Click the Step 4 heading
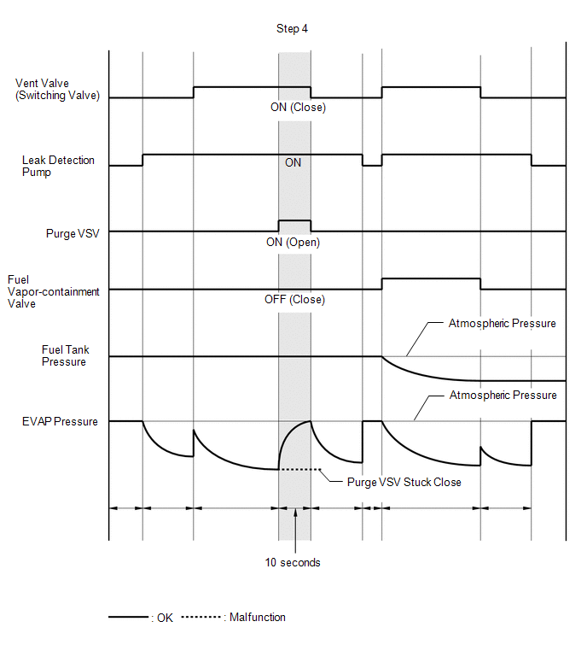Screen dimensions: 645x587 [x=292, y=29]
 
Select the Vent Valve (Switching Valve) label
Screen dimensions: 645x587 [x=57, y=90]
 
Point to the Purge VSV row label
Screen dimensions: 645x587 [x=73, y=232]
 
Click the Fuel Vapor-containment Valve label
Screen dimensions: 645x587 [x=53, y=291]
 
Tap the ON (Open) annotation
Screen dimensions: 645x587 [x=293, y=243]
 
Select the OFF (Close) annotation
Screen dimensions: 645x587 [x=294, y=300]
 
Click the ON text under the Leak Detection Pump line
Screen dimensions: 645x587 [x=293, y=163]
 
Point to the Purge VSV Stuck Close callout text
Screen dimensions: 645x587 [x=404, y=483]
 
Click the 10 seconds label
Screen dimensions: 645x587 [x=293, y=563]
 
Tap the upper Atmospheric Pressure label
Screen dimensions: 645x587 [x=502, y=324]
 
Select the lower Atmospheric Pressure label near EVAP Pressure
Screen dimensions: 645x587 [x=502, y=396]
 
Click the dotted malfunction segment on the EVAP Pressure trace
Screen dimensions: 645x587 [x=299, y=470]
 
